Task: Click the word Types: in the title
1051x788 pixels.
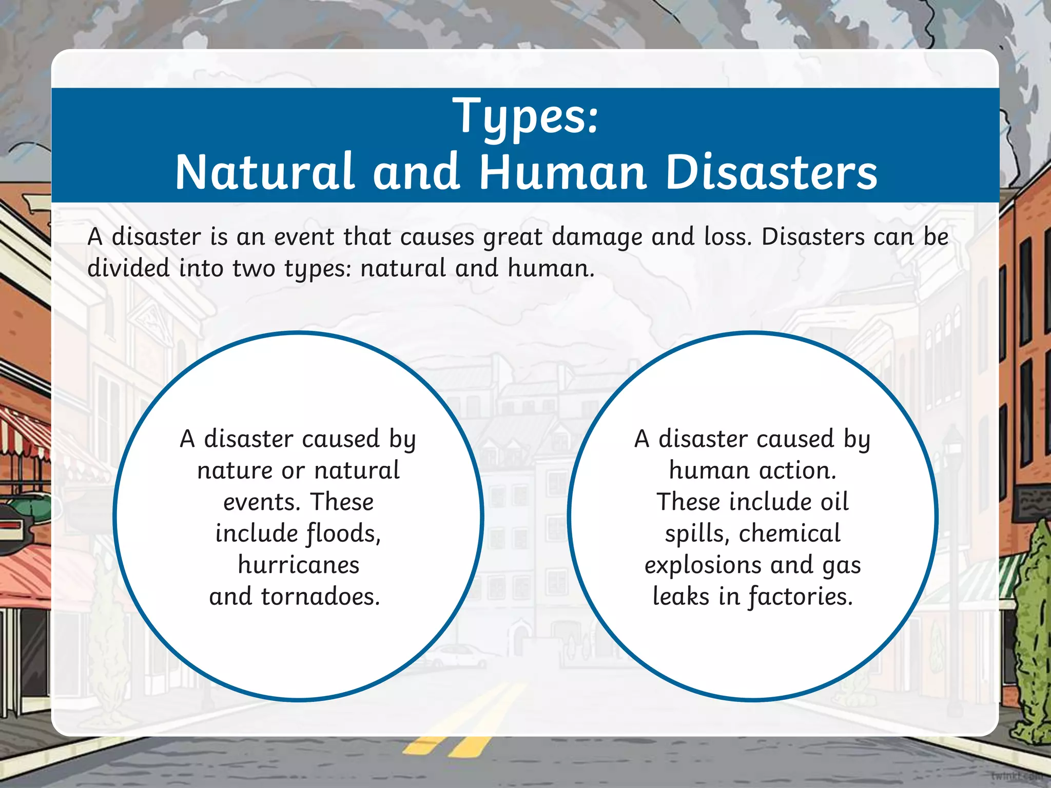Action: [525, 117]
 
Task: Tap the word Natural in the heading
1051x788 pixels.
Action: [265, 172]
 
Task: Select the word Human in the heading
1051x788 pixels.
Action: [562, 172]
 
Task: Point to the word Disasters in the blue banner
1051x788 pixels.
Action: [771, 172]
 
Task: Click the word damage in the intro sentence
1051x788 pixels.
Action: [597, 237]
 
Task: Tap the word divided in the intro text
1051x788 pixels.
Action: [128, 268]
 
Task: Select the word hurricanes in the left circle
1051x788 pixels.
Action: [299, 565]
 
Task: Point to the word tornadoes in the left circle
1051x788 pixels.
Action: [321, 597]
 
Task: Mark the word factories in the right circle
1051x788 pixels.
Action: [800, 597]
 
